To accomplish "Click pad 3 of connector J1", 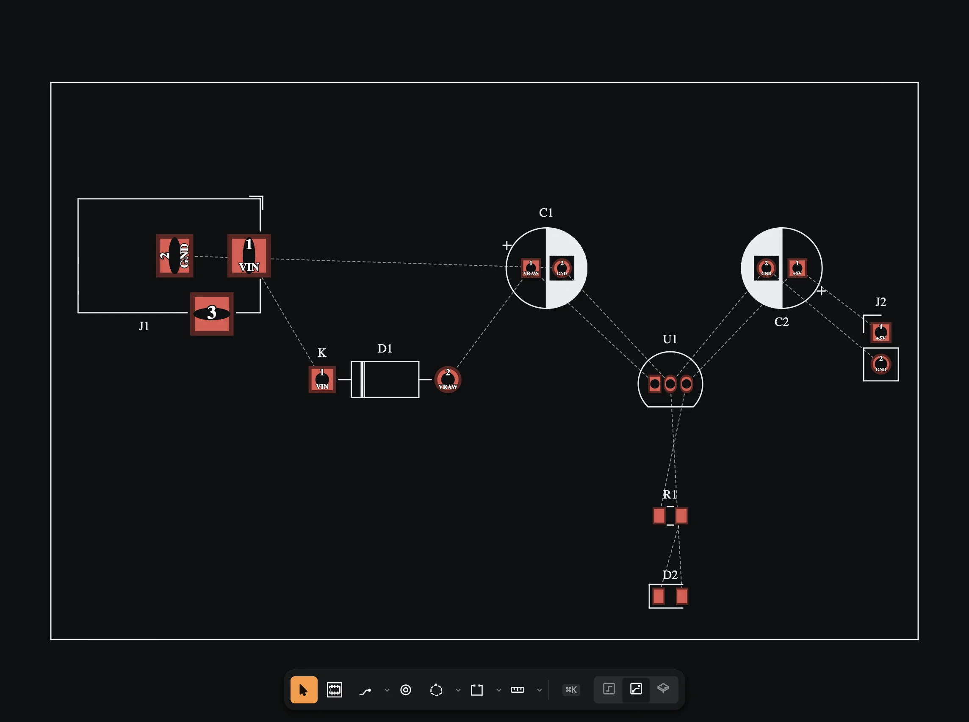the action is point(212,314).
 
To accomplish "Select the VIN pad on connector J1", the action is point(249,256).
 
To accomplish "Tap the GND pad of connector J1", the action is point(174,256).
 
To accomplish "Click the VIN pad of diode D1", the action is point(322,379).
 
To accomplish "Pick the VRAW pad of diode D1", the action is point(448,379).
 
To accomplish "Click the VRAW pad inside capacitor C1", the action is point(531,268).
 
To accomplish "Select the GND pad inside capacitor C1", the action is point(562,268).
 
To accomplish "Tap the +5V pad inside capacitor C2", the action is point(797,268).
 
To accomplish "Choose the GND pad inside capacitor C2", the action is point(766,268).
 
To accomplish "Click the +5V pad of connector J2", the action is point(880,333).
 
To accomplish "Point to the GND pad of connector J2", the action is point(880,364).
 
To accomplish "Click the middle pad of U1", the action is point(670,384).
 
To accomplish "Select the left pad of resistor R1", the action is point(659,516).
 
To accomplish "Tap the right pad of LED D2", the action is point(682,596).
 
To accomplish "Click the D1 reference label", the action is point(385,348).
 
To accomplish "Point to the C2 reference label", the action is point(781,322).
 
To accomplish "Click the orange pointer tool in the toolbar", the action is point(304,690).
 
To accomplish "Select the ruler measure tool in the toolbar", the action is point(517,690).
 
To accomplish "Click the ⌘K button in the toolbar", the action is point(571,690).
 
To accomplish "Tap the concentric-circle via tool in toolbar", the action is point(406,690).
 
